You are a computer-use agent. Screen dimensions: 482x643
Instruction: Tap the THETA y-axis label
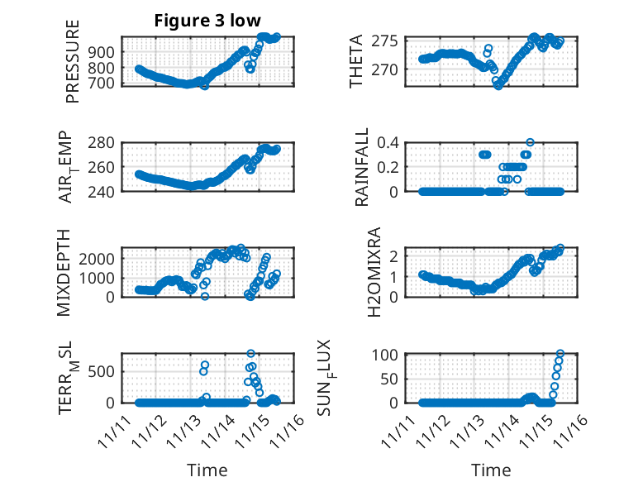tap(356, 62)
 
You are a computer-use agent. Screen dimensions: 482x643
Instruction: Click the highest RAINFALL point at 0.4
tap(530, 142)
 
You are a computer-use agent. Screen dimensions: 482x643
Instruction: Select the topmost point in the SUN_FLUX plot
tap(560, 354)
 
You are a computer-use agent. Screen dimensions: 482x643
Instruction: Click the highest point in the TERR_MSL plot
tap(250, 354)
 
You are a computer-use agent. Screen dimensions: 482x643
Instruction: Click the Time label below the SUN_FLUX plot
tap(491, 470)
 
